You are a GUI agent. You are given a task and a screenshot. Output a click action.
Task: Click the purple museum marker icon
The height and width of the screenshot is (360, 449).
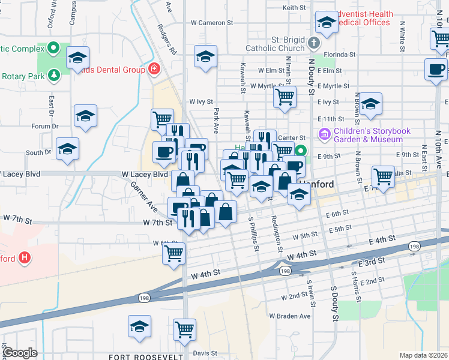325,133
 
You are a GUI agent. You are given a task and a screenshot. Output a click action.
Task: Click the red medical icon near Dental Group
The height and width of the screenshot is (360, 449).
154,69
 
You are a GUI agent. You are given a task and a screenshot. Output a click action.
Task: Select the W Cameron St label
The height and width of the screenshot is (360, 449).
212,23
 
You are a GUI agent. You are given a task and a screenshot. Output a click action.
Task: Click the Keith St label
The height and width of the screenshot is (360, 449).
294,8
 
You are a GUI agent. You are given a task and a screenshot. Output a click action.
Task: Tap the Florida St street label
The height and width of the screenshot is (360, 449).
339,54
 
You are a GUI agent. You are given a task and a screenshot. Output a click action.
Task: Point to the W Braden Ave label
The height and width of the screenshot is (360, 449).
290,316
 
